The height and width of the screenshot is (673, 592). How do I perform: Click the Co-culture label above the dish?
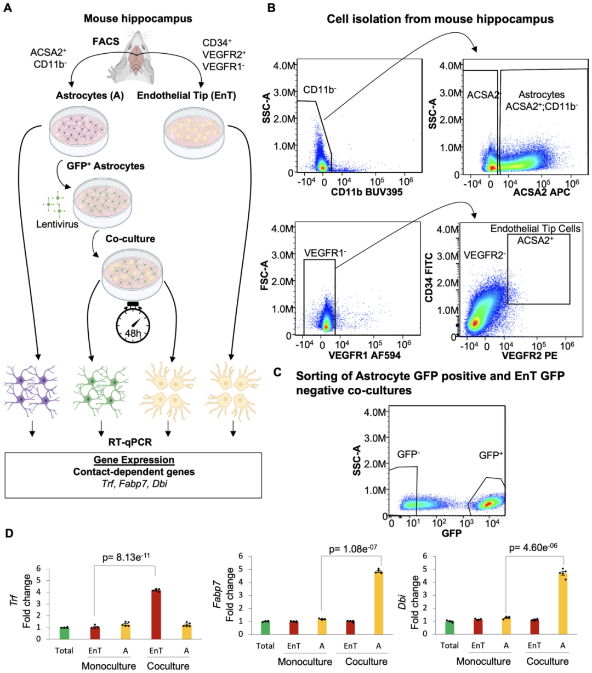[x=130, y=239]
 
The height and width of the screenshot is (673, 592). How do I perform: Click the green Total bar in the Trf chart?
[x=65, y=633]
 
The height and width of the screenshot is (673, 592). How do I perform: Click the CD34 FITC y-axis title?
[x=429, y=278]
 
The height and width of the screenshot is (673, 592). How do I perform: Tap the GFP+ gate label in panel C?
[x=491, y=455]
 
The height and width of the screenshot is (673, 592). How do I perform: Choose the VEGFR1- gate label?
[x=325, y=253]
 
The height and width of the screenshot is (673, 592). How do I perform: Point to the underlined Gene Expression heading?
[x=134, y=460]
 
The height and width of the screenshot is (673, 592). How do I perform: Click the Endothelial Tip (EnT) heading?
[x=186, y=95]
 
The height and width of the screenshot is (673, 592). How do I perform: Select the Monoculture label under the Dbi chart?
[x=482, y=661]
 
